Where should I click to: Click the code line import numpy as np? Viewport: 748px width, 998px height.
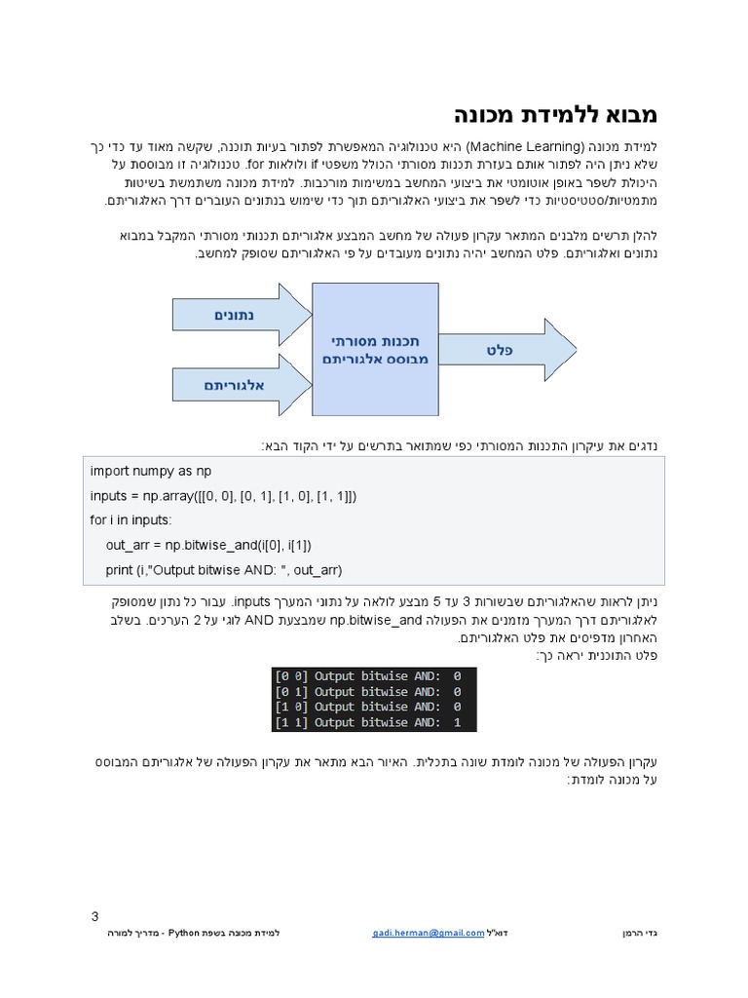150,471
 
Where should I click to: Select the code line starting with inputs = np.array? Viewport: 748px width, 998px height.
223,496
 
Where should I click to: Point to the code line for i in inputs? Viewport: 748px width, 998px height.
131,519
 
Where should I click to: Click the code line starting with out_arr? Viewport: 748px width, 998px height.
208,544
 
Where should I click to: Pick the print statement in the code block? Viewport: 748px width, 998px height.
224,569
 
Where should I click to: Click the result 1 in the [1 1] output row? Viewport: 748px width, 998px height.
457,722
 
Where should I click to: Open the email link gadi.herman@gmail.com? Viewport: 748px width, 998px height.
428,933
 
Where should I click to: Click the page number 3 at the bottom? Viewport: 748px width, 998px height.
94,916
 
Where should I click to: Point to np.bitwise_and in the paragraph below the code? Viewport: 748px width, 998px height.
376,619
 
